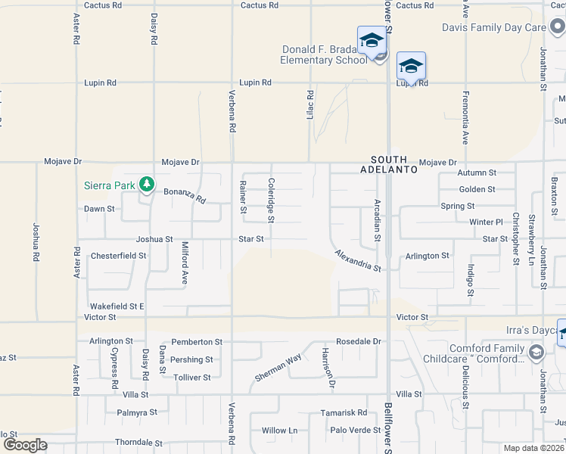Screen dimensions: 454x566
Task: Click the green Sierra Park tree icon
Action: (x=146, y=184)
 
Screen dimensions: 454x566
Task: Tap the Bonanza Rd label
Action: (x=185, y=196)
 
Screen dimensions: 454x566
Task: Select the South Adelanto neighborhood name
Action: (x=393, y=165)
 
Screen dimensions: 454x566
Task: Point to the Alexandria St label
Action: (x=358, y=261)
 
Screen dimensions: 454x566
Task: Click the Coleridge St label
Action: (x=270, y=201)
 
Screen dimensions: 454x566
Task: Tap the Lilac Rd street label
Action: (x=310, y=104)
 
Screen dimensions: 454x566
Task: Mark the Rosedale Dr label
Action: (x=359, y=341)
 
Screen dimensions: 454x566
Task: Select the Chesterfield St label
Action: (x=118, y=256)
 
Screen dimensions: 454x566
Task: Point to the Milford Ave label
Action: (x=184, y=263)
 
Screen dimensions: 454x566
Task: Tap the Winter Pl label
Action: (x=486, y=222)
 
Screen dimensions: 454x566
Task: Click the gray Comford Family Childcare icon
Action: (x=536, y=352)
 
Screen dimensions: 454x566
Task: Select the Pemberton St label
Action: (x=197, y=342)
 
